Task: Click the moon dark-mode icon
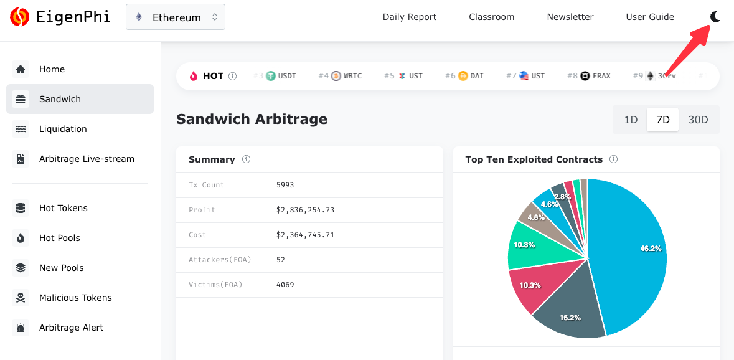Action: coord(715,17)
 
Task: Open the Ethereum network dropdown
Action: coord(176,17)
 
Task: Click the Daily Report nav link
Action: coord(410,17)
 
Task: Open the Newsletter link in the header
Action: coord(570,17)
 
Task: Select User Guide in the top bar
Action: coord(650,17)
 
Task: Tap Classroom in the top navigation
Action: coord(492,17)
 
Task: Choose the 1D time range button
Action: coord(631,120)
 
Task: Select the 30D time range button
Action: coord(698,120)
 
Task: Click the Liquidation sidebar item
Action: coord(63,129)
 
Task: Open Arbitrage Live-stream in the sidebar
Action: coord(87,159)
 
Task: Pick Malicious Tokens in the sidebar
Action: coord(75,298)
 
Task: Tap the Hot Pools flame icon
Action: coord(21,238)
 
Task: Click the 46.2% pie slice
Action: coord(629,249)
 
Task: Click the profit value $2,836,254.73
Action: coord(305,210)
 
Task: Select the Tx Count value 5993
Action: coord(285,185)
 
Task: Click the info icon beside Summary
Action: coord(246,159)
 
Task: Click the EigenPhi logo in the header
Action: coord(60,17)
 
